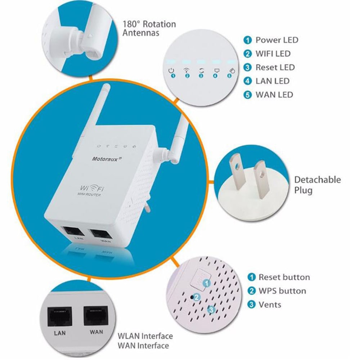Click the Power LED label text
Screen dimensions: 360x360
276,40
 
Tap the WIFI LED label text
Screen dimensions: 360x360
273,54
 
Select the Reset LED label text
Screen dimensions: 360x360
275,67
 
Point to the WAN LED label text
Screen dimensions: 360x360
274,95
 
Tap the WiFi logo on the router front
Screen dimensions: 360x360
90,188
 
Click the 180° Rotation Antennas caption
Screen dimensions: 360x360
149,29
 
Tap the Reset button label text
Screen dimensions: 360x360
284,277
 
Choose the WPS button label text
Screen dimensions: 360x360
282,291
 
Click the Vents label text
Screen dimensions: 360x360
270,305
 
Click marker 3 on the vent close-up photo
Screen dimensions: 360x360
212,309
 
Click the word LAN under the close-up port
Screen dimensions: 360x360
60,333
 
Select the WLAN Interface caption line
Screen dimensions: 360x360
145,336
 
